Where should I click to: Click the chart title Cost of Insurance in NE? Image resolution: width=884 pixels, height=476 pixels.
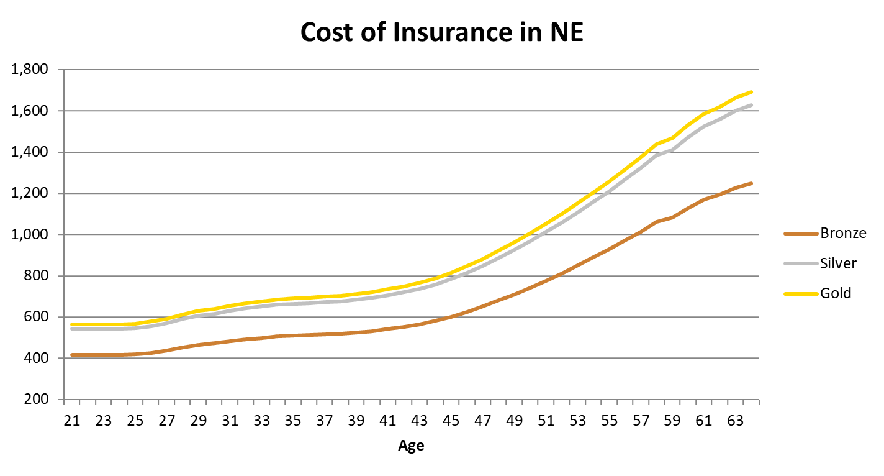(441, 32)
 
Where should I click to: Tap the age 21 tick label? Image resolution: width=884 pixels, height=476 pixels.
(72, 421)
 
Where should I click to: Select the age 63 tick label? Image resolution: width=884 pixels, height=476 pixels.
(736, 421)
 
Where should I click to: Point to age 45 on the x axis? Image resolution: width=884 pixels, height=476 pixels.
(451, 421)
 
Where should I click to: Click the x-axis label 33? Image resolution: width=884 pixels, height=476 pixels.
(261, 421)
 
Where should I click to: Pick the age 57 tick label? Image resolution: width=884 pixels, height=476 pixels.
(641, 421)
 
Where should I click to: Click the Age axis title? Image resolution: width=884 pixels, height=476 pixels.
(411, 446)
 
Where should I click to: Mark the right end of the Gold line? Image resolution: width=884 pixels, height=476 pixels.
(751, 92)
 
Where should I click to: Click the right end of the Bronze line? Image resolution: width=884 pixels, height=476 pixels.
(751, 183)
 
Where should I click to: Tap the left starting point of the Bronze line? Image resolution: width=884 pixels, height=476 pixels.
(72, 355)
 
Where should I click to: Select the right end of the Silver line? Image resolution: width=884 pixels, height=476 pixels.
(751, 105)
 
